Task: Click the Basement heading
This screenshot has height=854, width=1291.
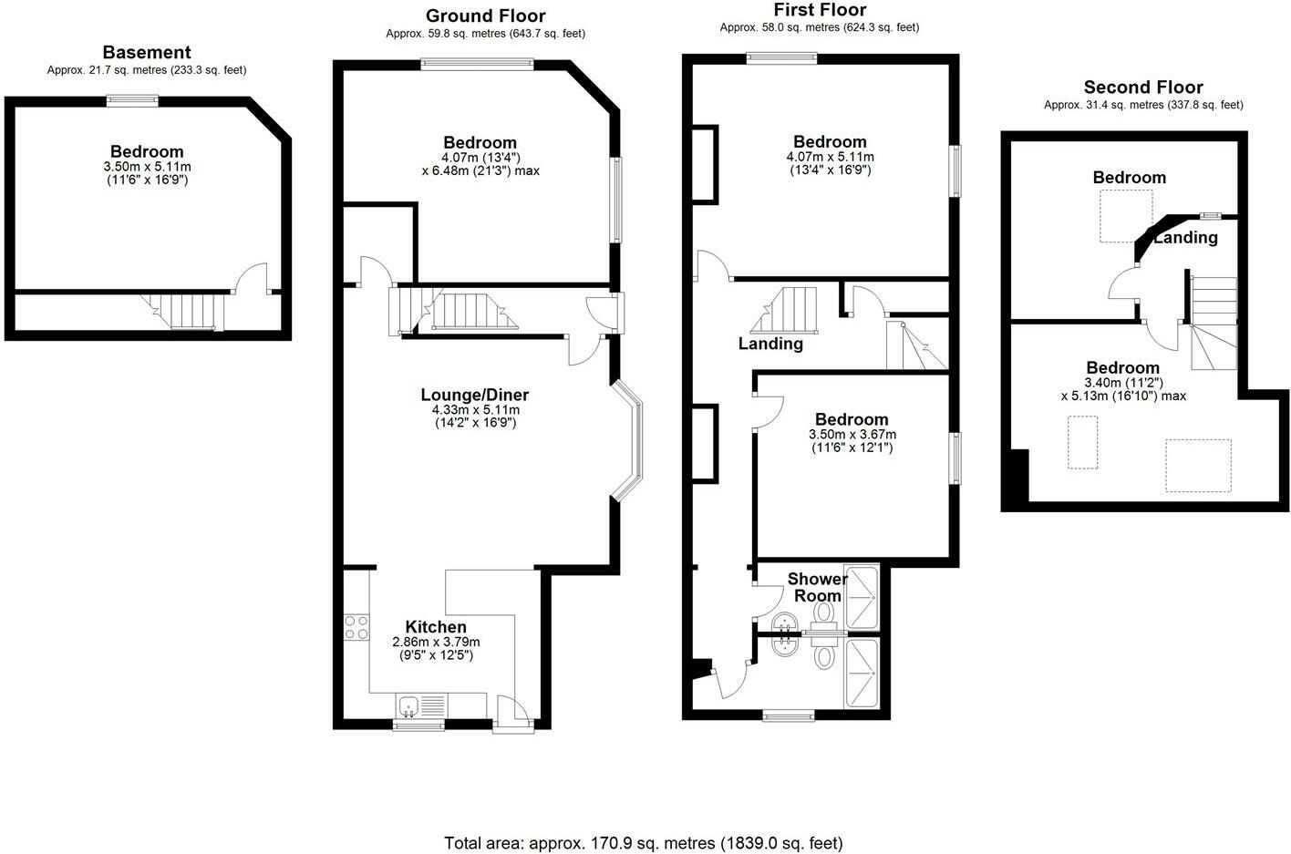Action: click(x=147, y=53)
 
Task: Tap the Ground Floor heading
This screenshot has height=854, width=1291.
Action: click(x=485, y=16)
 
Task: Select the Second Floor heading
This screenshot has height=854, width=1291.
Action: click(x=1143, y=87)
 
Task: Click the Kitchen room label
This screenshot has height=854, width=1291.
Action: click(x=436, y=627)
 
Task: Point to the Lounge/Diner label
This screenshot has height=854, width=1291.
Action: click(x=475, y=395)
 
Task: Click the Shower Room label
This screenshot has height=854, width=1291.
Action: click(x=817, y=587)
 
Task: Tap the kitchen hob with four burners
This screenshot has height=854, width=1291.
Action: click(x=356, y=628)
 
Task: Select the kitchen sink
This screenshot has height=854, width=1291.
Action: click(x=409, y=706)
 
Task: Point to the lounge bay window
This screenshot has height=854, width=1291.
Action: click(x=627, y=440)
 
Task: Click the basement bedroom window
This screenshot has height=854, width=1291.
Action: click(x=132, y=101)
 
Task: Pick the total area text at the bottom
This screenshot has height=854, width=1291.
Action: click(x=643, y=844)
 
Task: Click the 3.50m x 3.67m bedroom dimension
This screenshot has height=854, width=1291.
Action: click(x=852, y=441)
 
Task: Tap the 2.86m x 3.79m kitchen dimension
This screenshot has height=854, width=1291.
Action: click(x=436, y=648)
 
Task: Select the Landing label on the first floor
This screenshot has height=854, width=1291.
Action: click(x=770, y=344)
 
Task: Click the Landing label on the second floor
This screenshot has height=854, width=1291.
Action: click(x=1186, y=237)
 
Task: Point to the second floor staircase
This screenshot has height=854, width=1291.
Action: click(x=1214, y=323)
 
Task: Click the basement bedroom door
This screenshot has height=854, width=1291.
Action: click(x=252, y=278)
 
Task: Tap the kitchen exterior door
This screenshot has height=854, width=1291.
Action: click(x=512, y=714)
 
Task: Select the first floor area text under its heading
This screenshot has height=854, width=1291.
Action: click(x=820, y=27)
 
